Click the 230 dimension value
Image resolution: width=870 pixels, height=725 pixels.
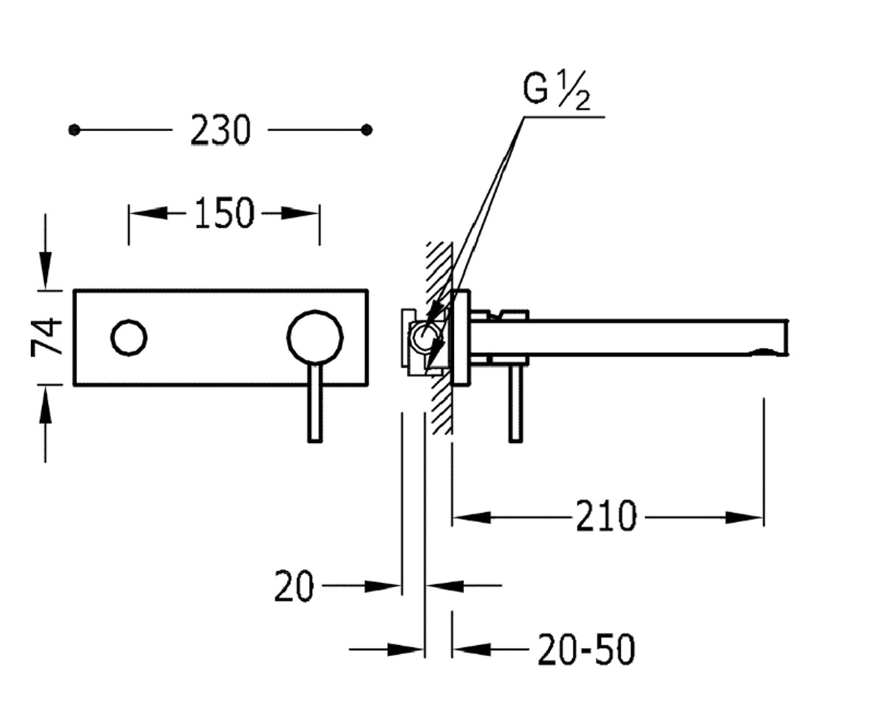tap(220, 130)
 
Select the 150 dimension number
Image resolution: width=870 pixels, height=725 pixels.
tap(224, 213)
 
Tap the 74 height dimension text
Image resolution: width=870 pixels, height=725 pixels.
tap(46, 337)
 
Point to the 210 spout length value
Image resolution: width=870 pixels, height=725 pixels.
tap(607, 517)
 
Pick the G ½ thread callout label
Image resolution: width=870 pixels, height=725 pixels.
tap(557, 91)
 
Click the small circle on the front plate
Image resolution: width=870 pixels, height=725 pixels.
tap(129, 338)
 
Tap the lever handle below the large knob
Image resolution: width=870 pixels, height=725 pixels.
tap(315, 404)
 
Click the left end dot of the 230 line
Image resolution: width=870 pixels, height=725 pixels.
tap(74, 130)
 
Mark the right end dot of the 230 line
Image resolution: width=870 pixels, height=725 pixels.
tap(367, 130)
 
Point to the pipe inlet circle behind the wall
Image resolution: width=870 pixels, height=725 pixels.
tap(425, 339)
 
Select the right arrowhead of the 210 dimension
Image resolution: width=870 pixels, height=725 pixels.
tap(744, 518)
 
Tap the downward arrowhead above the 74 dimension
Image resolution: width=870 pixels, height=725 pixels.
tap(46, 270)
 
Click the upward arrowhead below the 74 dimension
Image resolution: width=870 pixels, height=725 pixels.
tap(46, 404)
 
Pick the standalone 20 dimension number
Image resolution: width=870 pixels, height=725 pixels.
tap(294, 587)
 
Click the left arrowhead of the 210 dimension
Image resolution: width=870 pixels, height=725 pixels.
tap(472, 518)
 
